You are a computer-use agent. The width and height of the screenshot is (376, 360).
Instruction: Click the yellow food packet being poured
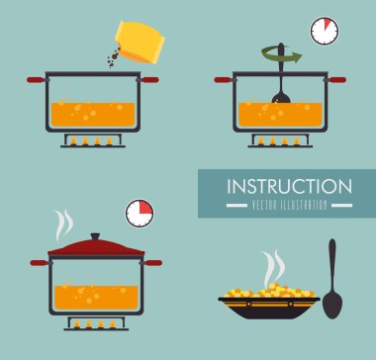140,42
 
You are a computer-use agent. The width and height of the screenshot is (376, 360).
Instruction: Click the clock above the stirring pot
325,31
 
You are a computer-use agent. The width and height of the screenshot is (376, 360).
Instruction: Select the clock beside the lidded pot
140,214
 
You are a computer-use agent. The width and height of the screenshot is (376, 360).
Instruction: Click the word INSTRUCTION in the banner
289,187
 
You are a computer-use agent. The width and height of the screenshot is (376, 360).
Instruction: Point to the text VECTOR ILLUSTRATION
289,206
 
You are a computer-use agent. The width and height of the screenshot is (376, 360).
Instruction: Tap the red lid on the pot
96,247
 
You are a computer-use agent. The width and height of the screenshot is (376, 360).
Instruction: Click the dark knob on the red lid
95,236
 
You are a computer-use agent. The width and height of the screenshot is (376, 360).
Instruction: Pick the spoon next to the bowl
332,279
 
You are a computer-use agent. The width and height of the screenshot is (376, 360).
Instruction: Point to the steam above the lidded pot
63,225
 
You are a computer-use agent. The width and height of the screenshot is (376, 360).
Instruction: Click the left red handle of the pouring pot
36,80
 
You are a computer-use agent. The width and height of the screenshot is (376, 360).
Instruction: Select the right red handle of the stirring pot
336,80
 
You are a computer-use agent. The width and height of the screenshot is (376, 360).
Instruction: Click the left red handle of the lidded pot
40,263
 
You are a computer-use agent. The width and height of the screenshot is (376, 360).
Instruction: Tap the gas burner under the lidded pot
96,323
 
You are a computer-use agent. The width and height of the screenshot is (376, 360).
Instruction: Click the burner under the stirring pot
280,140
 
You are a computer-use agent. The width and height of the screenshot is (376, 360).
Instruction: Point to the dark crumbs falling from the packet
113,57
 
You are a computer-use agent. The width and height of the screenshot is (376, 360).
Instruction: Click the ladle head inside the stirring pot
281,97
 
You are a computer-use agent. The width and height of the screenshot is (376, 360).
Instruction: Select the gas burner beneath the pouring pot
93,140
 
